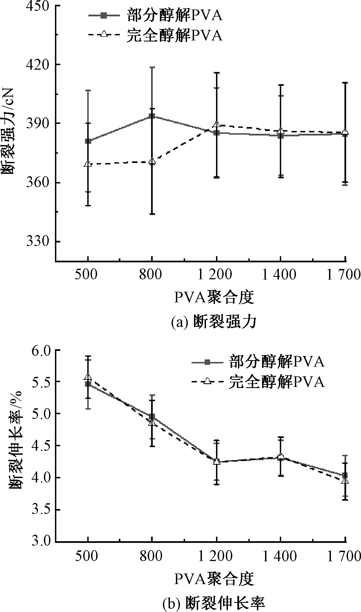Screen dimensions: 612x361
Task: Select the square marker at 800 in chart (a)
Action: [152, 116]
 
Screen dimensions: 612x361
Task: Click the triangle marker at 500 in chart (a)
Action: [88, 164]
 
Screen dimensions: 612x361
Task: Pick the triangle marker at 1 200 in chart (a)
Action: [216, 124]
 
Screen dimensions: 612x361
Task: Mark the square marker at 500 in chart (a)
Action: [88, 141]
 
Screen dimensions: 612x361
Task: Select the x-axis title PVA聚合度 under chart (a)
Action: [214, 298]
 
